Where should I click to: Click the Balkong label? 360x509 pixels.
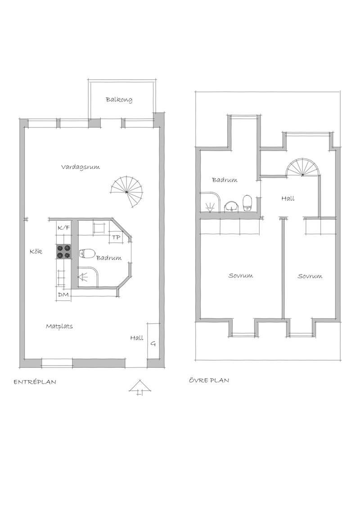click(x=119, y=100)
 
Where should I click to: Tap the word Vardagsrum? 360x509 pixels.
click(x=81, y=167)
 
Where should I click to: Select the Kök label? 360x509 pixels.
click(x=36, y=251)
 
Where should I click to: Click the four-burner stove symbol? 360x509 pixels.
click(x=64, y=252)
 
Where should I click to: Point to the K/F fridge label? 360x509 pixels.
click(x=64, y=228)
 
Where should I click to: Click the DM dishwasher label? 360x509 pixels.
click(x=63, y=295)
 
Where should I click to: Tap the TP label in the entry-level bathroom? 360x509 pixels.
click(x=116, y=237)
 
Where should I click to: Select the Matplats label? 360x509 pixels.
click(x=59, y=326)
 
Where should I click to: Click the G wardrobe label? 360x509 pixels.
click(x=153, y=344)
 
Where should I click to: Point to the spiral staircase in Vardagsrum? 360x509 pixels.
click(x=127, y=192)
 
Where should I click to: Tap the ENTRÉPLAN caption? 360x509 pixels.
click(x=35, y=382)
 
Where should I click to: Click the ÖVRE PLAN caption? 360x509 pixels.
click(x=209, y=380)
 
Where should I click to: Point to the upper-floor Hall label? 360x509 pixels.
click(x=288, y=198)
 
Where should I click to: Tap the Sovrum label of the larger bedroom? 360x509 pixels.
click(x=240, y=276)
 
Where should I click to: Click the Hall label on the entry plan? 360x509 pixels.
click(x=137, y=338)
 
